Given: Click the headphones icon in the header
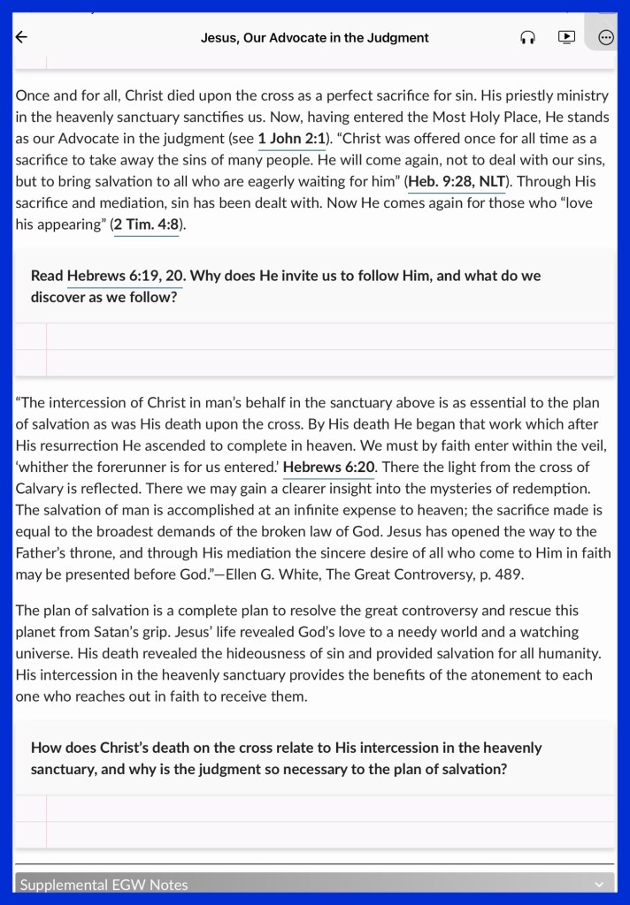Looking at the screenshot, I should pos(527,37).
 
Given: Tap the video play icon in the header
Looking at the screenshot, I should pos(566,37).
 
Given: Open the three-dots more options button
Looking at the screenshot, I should pos(606,37).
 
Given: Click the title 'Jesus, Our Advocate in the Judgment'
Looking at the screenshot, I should pos(314,38).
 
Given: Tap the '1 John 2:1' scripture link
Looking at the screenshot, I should pos(292,139).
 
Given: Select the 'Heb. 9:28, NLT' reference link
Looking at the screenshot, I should pos(457,181).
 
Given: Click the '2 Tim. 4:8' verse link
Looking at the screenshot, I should pos(147,224).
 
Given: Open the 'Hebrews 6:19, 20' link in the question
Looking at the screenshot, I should pos(125,276).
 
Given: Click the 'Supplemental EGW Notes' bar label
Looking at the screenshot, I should pos(104,885).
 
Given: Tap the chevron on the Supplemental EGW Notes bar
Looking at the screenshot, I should pos(599,885).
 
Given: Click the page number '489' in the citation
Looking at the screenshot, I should pos(510,574).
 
